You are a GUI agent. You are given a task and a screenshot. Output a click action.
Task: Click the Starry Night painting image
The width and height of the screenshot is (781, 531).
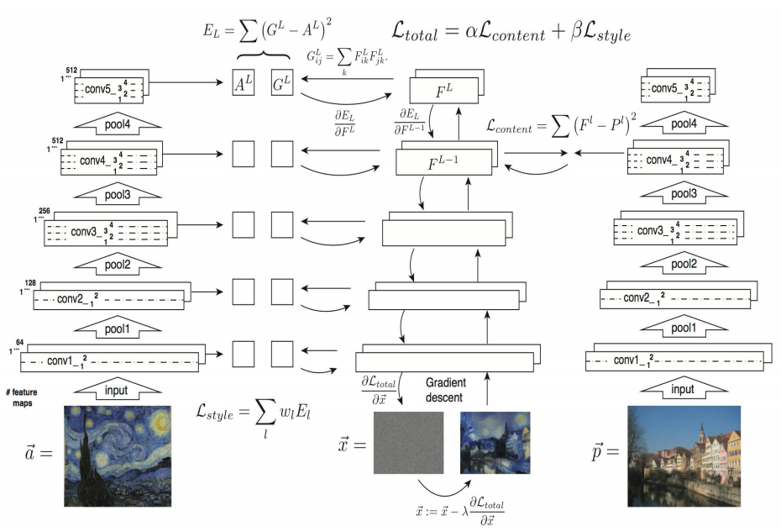(118, 455)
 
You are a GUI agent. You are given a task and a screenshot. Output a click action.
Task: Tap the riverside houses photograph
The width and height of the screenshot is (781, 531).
(684, 455)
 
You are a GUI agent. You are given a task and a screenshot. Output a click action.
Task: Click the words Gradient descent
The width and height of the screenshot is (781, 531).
(445, 389)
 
